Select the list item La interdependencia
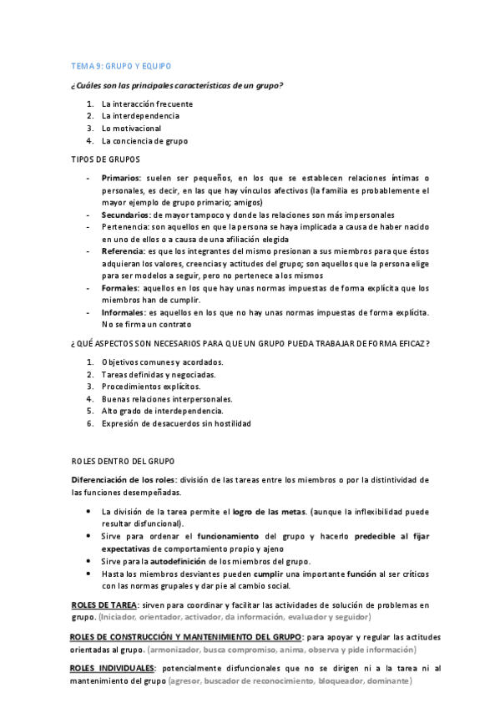140,116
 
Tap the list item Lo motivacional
131,129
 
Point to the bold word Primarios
121,178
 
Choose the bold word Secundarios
127,215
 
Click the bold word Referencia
123,251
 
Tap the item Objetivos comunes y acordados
163,362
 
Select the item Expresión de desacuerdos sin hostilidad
176,423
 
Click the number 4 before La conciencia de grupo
89,141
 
